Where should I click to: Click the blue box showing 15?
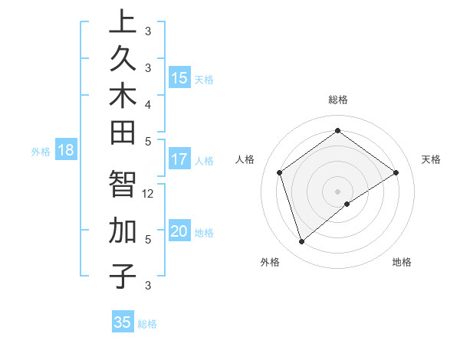tap(179, 78)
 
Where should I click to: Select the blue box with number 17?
tap(179, 159)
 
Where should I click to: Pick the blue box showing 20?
tap(179, 231)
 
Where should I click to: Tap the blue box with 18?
tap(66, 150)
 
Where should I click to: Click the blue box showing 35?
tap(123, 322)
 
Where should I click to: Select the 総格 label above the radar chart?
tap(338, 100)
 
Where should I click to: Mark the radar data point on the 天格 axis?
tap(396, 172)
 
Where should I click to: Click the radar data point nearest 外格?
tap(301, 242)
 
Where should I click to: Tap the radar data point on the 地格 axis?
tap(347, 204)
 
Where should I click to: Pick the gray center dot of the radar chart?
tap(338, 191)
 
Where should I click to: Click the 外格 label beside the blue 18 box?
tap(40, 152)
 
